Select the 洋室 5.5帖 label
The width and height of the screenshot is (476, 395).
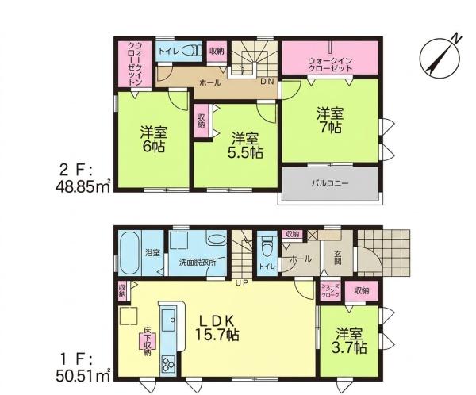tap(245, 146)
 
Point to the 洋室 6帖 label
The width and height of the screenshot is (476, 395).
tap(154, 140)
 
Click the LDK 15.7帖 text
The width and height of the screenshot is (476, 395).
tap(217, 328)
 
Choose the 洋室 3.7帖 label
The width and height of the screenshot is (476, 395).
tap(349, 341)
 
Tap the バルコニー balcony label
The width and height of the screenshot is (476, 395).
tap(330, 183)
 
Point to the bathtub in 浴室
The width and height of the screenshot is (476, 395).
tap(130, 254)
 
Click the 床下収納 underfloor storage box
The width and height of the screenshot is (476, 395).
tap(148, 341)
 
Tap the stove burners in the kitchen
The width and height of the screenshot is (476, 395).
tap(167, 364)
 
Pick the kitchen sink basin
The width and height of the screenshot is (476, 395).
tap(168, 320)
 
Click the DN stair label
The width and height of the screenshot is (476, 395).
tap(267, 82)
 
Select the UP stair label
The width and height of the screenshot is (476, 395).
tap(242, 283)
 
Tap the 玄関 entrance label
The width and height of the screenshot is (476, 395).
tap(338, 257)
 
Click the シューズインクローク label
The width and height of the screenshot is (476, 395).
tap(330, 290)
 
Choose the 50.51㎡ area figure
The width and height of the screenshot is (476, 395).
tap(83, 377)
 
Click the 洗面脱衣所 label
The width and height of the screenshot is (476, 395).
tap(198, 263)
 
